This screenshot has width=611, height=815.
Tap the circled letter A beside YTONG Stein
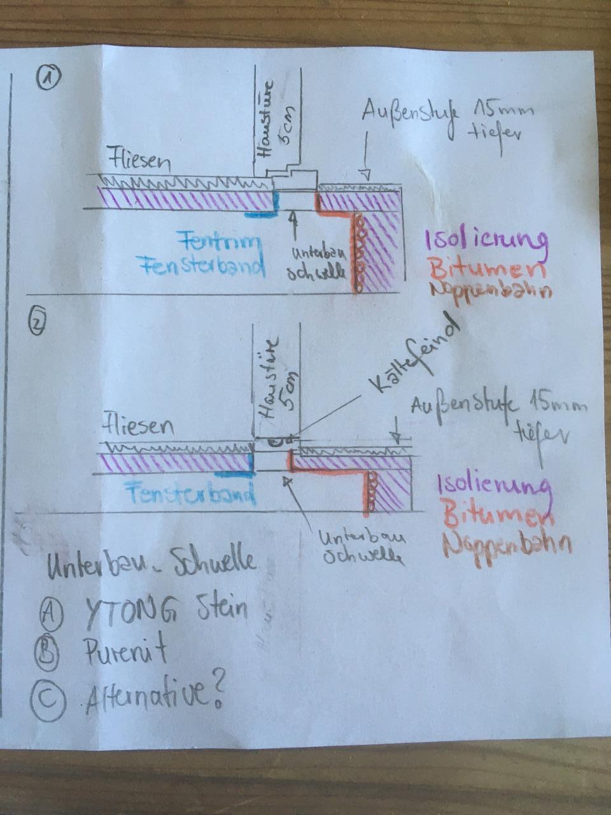coord(50,613)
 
